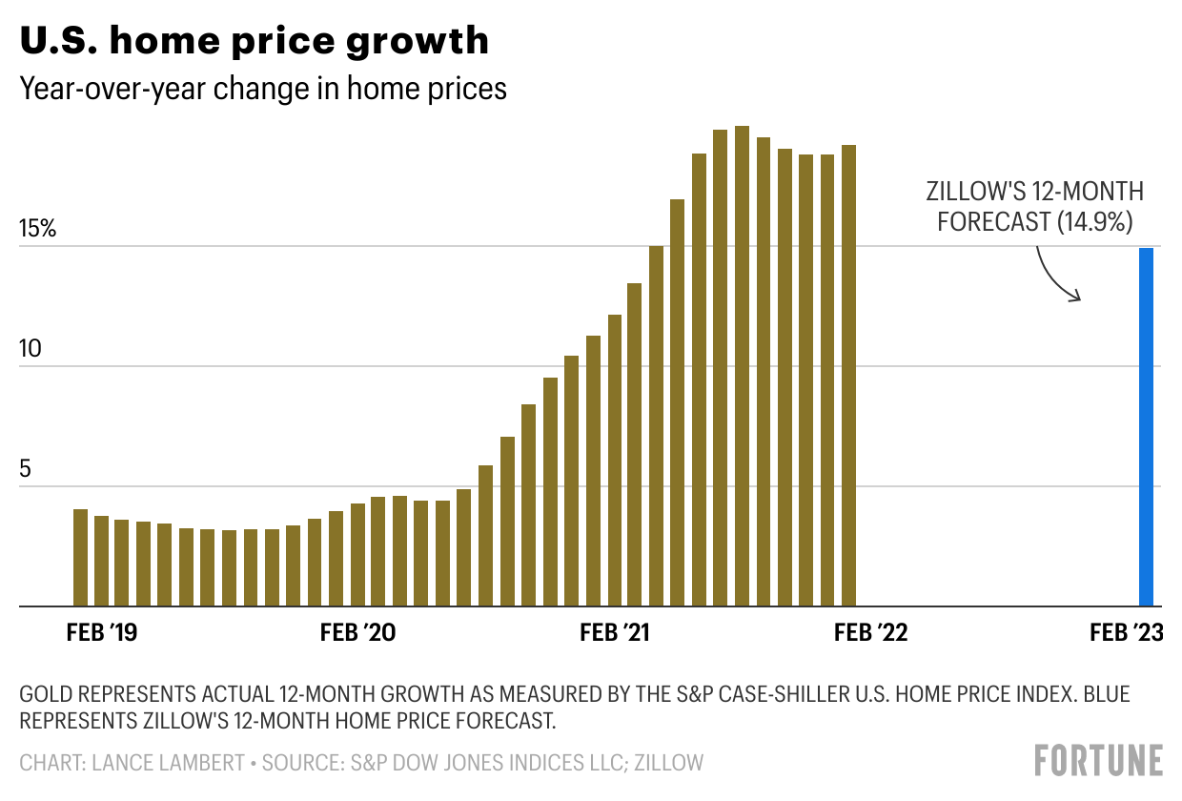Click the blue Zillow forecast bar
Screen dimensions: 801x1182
coord(1146,426)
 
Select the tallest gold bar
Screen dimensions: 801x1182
coord(742,366)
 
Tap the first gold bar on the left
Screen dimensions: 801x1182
coord(80,557)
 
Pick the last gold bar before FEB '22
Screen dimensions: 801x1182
coord(848,376)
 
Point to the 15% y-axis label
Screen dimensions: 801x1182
coord(39,229)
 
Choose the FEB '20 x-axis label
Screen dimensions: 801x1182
coord(358,633)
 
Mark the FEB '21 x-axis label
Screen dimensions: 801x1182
coord(615,633)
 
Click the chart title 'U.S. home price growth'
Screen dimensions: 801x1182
coord(255,40)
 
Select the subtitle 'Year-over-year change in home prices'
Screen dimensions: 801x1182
coord(263,89)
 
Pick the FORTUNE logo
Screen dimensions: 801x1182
coord(1098,761)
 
